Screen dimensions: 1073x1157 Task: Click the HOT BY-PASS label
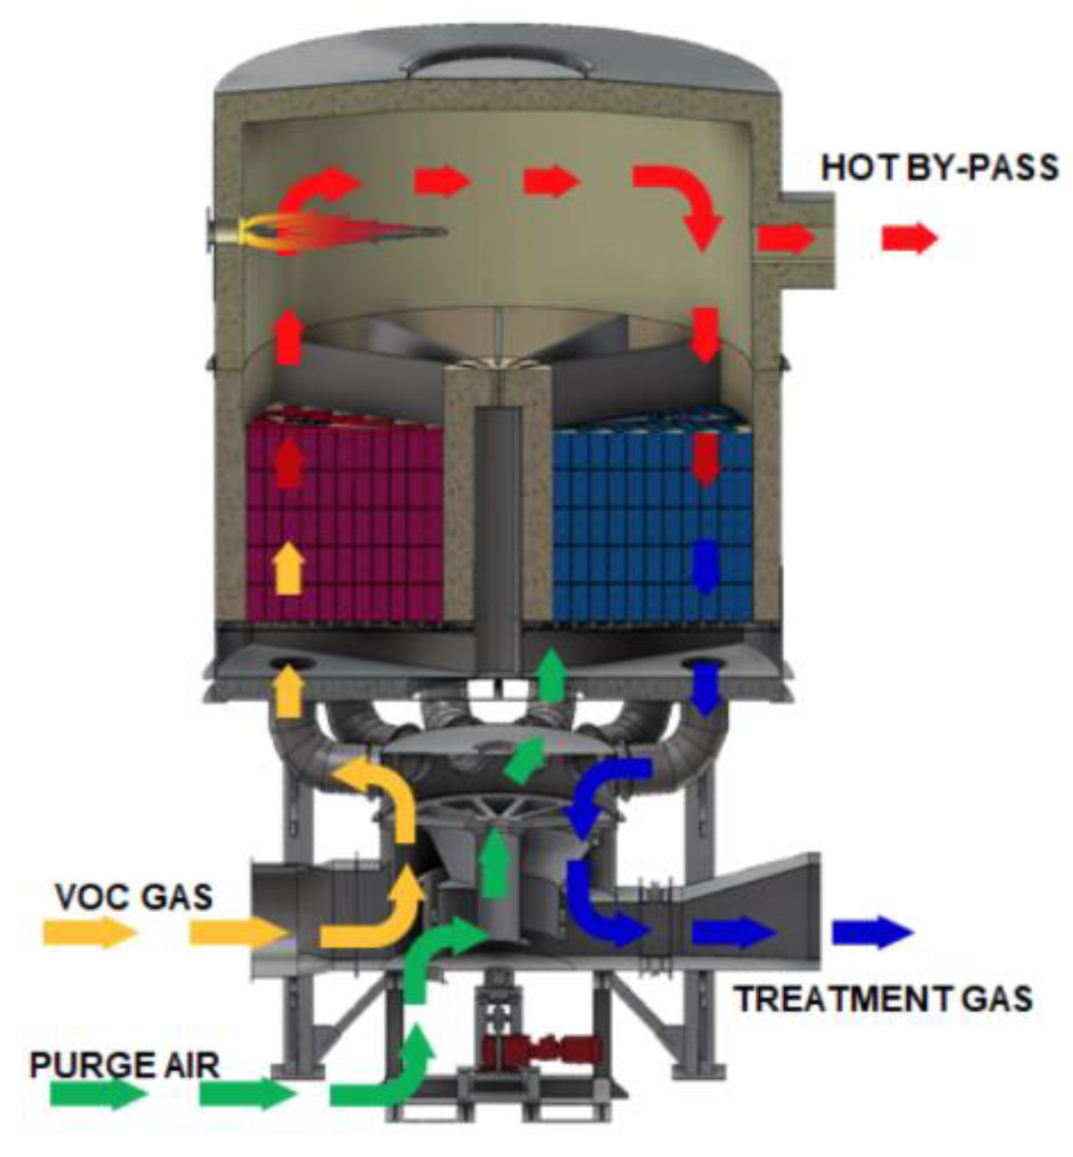coord(939,168)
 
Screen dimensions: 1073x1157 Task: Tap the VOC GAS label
coord(133,897)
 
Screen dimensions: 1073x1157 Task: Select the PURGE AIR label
coord(124,1064)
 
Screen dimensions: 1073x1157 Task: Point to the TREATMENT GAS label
coord(882,998)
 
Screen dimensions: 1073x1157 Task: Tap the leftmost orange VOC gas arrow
coord(89,932)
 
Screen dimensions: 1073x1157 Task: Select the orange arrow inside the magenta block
coord(288,568)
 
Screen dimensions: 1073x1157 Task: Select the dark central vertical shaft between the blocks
coord(498,533)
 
